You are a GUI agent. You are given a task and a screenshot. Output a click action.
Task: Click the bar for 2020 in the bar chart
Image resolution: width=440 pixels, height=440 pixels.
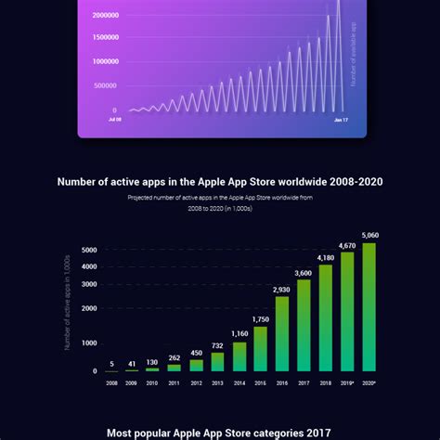tap(369, 307)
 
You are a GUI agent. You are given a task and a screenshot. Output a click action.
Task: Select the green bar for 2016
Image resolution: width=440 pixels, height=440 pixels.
tap(282, 334)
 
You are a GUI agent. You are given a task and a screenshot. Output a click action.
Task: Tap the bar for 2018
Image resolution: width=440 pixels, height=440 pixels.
tap(325, 318)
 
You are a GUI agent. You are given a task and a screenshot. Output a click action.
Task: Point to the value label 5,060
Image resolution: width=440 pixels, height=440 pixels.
tap(369, 236)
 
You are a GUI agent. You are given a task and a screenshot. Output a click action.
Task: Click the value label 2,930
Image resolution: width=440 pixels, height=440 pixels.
tap(282, 290)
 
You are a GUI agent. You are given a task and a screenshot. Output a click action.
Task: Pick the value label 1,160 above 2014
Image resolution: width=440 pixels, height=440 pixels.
tap(239, 333)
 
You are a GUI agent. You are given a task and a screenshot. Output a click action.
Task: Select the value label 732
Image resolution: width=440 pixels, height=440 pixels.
tap(218, 345)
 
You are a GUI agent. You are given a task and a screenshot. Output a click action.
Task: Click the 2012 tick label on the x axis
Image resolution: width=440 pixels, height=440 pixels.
tap(196, 382)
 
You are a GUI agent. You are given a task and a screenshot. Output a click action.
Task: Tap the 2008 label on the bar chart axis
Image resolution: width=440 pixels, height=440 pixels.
tap(111, 382)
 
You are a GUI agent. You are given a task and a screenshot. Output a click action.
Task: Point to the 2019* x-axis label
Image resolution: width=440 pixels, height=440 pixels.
tap(347, 382)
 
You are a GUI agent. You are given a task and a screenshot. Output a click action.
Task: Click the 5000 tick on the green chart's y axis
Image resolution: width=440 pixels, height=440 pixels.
tap(89, 250)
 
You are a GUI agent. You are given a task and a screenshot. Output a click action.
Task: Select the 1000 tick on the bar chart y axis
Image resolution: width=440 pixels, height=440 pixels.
tap(89, 343)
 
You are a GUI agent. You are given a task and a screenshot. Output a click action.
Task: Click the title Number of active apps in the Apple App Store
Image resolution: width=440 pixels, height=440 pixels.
tap(220, 182)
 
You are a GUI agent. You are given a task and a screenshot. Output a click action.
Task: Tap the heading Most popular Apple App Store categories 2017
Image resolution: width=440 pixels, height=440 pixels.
tap(220, 433)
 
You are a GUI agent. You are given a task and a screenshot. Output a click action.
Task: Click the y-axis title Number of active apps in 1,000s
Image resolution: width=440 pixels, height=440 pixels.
tap(68, 303)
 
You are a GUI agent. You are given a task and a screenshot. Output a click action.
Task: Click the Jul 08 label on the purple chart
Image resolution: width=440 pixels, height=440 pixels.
tap(114, 120)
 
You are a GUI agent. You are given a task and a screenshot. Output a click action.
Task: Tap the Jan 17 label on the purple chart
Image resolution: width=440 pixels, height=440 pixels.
tap(340, 120)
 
